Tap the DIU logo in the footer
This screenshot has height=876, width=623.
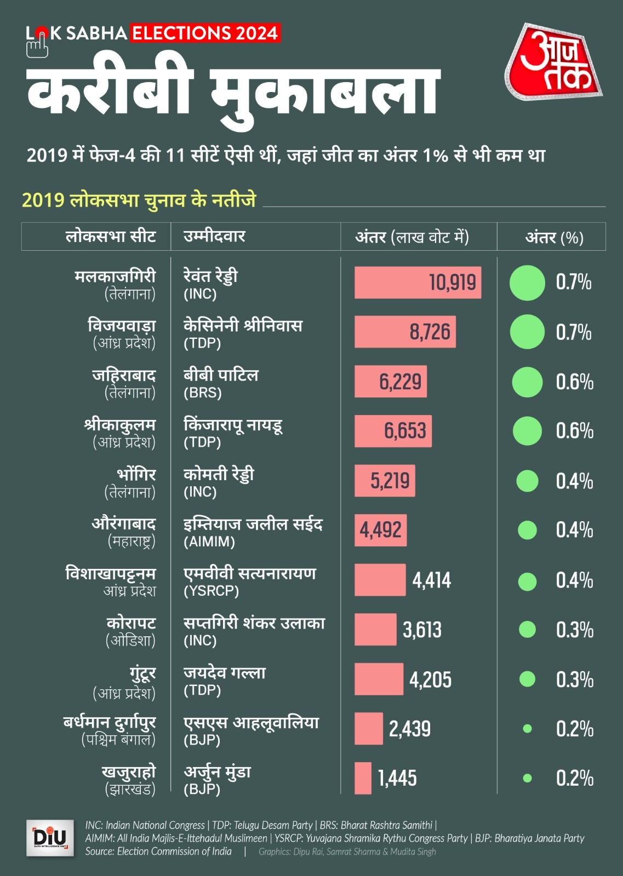[50, 838]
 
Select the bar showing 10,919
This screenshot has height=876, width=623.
[418, 283]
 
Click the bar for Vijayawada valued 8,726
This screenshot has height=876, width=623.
[405, 332]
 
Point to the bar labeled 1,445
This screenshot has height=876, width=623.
[363, 778]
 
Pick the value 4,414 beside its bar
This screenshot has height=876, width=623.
[432, 580]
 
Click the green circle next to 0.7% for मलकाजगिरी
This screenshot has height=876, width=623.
[527, 283]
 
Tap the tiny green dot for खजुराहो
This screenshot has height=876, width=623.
[527, 778]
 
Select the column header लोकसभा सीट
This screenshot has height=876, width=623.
[111, 237]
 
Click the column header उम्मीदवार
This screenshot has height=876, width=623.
[214, 237]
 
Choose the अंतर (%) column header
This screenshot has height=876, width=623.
[554, 237]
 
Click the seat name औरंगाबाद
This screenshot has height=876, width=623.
[123, 524]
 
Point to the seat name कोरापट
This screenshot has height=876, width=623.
[132, 623]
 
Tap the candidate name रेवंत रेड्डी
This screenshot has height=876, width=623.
[210, 276]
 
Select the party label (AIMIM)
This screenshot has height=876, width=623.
[209, 542]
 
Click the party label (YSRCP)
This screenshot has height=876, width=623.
[211, 591]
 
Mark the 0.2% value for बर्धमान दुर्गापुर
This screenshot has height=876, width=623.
[575, 729]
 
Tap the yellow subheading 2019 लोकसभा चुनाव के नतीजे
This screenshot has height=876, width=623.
[139, 200]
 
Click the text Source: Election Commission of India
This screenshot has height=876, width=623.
[158, 851]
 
